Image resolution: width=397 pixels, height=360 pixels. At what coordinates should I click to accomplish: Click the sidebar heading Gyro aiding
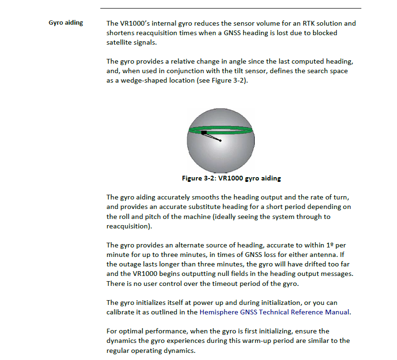coord(66,23)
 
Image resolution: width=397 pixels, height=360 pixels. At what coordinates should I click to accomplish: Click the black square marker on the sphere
coord(204,133)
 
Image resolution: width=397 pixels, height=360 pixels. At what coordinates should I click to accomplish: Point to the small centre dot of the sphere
coord(221,141)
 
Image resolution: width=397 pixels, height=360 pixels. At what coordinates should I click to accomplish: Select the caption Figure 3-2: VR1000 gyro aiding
coord(231,179)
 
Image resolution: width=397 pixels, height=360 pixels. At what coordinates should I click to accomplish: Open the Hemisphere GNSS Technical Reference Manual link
coord(274,312)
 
